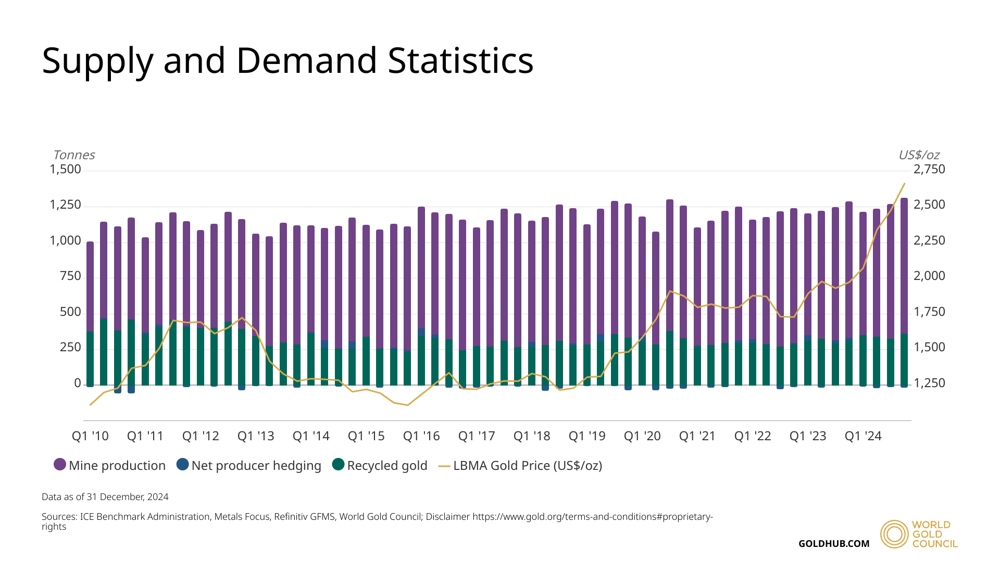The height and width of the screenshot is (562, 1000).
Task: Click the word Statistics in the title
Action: [460, 60]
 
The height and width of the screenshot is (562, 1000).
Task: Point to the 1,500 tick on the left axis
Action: [66, 169]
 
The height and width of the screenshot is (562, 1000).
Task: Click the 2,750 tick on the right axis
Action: [929, 169]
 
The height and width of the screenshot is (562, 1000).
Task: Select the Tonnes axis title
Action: [74, 155]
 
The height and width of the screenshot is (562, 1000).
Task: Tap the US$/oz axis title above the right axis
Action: [919, 155]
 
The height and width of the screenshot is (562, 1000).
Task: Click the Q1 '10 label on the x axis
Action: [90, 436]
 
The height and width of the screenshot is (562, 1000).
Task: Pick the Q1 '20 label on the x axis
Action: [642, 436]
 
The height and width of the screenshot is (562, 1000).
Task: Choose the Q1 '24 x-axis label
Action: [863, 436]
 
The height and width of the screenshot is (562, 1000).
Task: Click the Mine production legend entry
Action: [110, 465]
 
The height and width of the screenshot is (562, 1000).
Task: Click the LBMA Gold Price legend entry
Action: [520, 465]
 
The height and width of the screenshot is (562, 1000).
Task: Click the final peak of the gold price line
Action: [904, 184]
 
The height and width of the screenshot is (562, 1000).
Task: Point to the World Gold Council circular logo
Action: [894, 534]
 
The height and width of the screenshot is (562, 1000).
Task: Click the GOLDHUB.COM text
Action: [834, 544]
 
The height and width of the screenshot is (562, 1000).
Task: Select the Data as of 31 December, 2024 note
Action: [105, 497]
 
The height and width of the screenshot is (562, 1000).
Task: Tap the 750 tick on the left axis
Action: [70, 276]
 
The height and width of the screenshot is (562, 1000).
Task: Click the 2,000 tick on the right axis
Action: [929, 276]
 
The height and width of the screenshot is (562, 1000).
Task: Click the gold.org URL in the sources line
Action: [592, 517]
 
